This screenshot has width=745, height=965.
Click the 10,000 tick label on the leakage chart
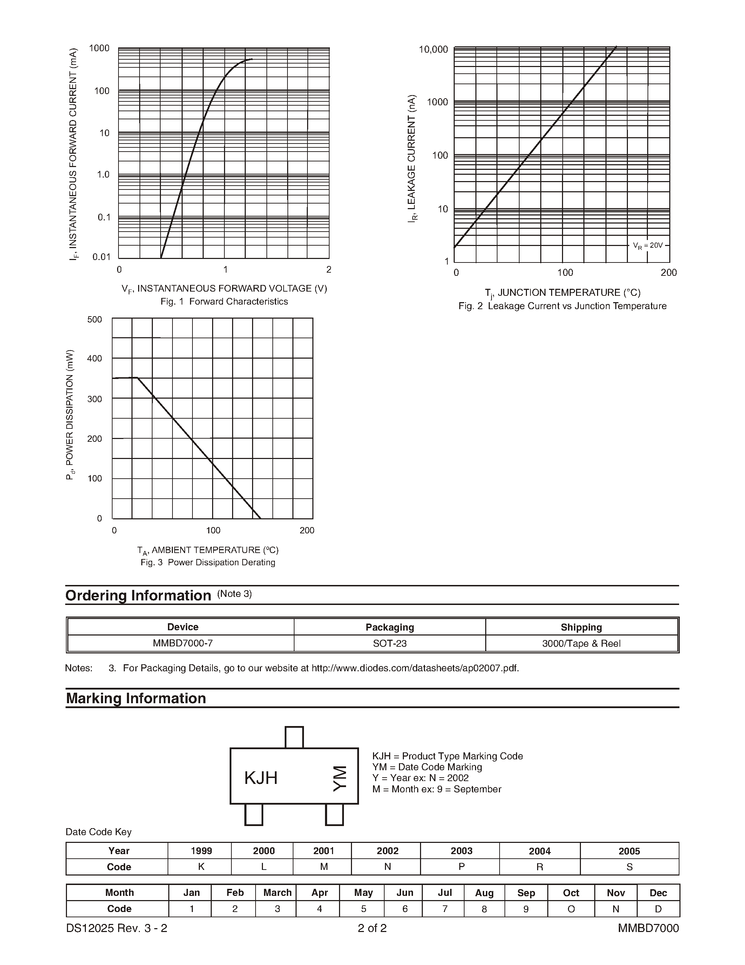pyautogui.click(x=433, y=49)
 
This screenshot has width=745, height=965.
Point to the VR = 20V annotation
pyautogui.click(x=648, y=246)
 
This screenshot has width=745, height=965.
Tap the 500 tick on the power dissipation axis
pyautogui.click(x=94, y=319)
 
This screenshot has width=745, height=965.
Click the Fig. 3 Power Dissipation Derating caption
pyautogui.click(x=208, y=563)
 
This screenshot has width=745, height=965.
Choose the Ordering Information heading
pyautogui.click(x=138, y=595)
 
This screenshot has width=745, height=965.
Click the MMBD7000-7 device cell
pyautogui.click(x=183, y=643)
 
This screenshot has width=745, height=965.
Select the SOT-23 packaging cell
pyautogui.click(x=390, y=643)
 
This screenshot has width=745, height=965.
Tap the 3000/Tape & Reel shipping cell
pyautogui.click(x=581, y=643)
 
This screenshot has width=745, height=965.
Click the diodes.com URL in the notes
pyautogui.click(x=415, y=668)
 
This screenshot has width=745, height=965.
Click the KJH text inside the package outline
pyautogui.click(x=261, y=778)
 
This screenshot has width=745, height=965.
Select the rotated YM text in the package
pyautogui.click(x=339, y=779)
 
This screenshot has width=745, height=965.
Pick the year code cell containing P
pyautogui.click(x=461, y=867)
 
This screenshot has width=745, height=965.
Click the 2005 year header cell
pyautogui.click(x=629, y=851)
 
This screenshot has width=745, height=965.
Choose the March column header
pyautogui.click(x=277, y=892)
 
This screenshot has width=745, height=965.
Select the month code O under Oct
pyautogui.click(x=571, y=909)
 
